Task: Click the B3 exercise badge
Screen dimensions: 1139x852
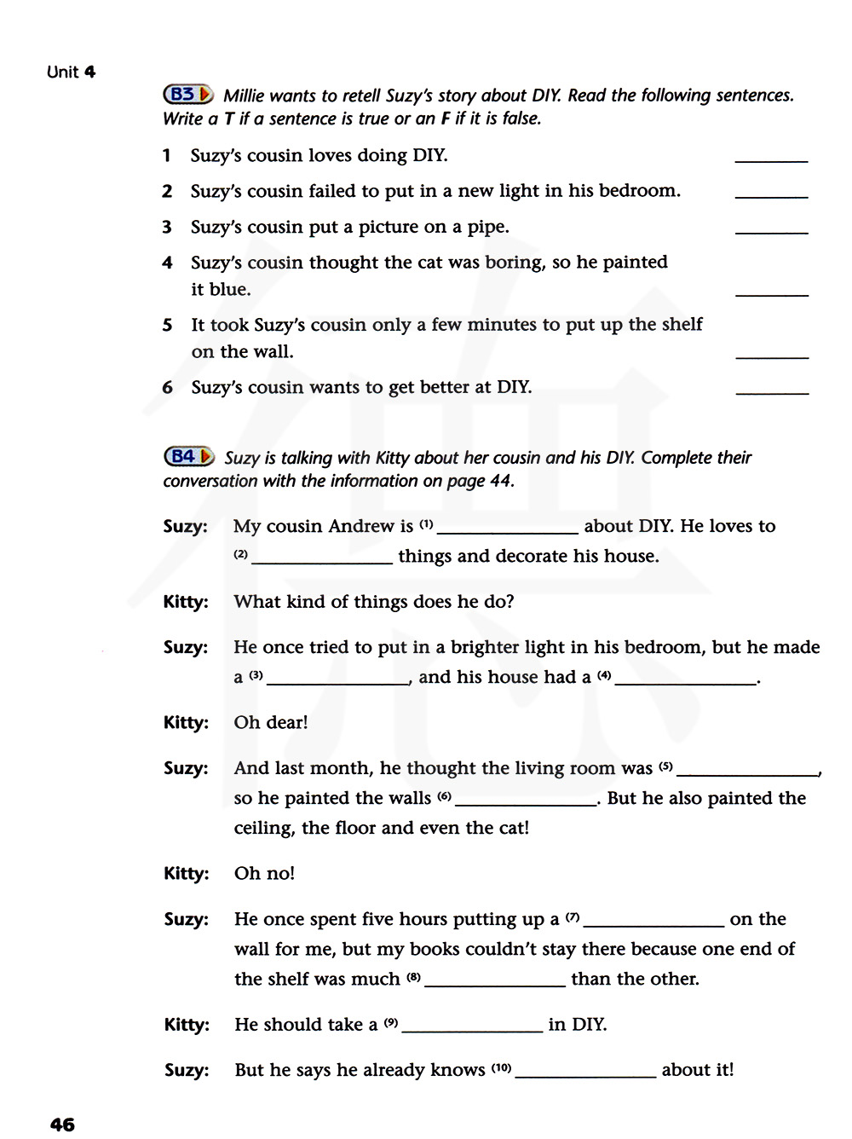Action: click(187, 95)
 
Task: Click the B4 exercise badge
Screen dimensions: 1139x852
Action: click(188, 456)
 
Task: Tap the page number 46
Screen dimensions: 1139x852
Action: click(62, 1124)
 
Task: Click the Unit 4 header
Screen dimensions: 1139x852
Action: click(71, 72)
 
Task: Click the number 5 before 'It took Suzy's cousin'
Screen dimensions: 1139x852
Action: click(167, 325)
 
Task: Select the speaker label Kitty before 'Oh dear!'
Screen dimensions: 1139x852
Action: click(186, 723)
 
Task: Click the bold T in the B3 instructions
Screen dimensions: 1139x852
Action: click(229, 119)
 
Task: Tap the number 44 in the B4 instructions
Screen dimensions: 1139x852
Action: click(500, 481)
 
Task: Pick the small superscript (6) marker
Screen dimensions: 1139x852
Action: click(444, 796)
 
